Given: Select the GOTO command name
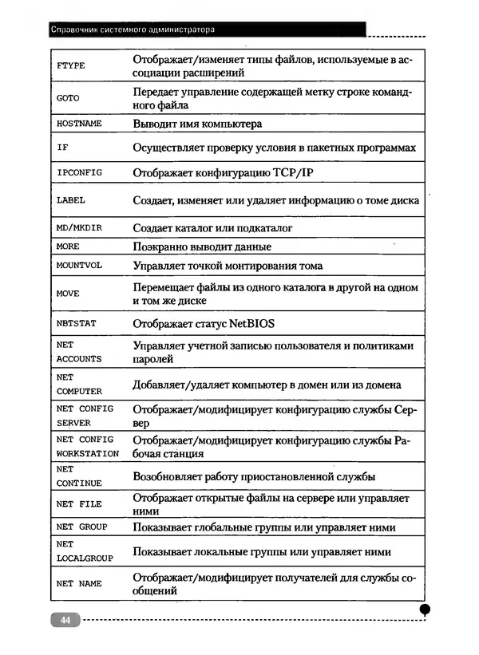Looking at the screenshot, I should coord(68,98).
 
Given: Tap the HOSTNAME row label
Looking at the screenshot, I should coord(79,124).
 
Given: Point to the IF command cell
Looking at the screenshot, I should coord(62,148).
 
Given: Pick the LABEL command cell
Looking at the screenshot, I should coord(71,201).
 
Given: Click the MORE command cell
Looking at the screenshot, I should coord(68,247).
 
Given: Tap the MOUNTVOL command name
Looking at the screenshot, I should coord(79,266).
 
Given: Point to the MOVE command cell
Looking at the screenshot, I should coord(68,294).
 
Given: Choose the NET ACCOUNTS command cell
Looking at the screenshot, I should coord(79,352).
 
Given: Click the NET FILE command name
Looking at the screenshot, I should coord(79,504).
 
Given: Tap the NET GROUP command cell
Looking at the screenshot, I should coord(81,527).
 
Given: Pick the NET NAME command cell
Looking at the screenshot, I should coord(79,584).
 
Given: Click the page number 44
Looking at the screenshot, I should coord(64,620).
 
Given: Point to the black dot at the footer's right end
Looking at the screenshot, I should coord(425,609).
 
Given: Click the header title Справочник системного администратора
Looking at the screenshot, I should coord(133,30).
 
